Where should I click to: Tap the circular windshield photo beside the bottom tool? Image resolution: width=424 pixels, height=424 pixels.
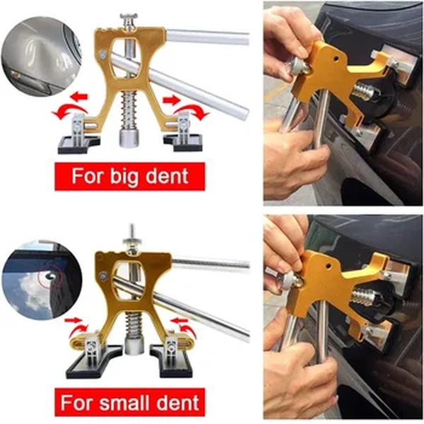39,282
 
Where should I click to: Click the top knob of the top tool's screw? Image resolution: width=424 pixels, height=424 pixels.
130,18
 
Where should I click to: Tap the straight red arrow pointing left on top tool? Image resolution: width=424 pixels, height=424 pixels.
78,96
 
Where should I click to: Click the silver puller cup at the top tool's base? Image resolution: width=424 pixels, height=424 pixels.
131,139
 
